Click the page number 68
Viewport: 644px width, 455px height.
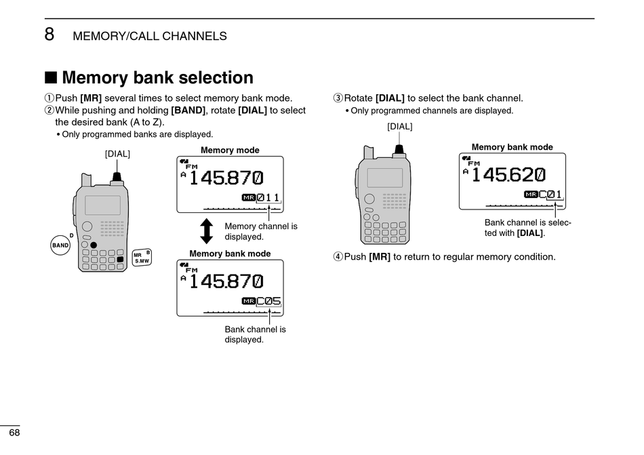click(14, 433)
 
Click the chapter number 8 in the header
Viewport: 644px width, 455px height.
click(49, 34)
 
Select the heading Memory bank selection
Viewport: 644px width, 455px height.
click(157, 78)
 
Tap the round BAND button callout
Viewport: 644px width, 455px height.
click(61, 245)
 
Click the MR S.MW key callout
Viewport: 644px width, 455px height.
click(142, 257)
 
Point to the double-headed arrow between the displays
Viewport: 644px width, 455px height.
click(207, 231)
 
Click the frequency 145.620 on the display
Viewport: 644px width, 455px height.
click(508, 175)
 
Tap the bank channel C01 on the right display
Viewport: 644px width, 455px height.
click(550, 195)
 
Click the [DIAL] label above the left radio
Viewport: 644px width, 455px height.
click(117, 154)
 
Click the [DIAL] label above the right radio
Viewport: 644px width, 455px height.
click(399, 126)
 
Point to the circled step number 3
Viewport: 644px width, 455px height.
click(338, 98)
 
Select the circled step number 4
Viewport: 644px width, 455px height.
click(338, 257)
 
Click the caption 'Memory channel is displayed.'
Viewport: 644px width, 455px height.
click(260, 231)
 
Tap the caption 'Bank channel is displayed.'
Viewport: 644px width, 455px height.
click(255, 334)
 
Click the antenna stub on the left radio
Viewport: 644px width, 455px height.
click(86, 180)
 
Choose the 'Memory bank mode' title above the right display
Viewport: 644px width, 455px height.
click(512, 147)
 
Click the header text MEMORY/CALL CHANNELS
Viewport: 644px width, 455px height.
click(150, 37)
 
